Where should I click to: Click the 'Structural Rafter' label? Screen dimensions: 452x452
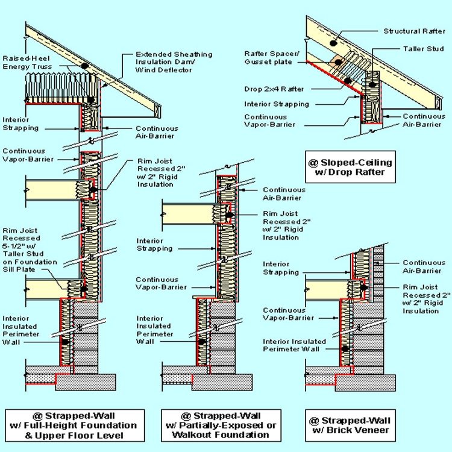(414, 31)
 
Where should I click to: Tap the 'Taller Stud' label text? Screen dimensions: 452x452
(423, 49)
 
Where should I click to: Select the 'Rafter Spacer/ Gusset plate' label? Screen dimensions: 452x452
(272, 58)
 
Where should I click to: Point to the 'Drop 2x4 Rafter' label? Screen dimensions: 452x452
(274, 89)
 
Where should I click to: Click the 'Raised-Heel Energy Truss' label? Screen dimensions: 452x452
(27, 63)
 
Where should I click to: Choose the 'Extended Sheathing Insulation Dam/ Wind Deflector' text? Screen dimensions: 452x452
(174, 62)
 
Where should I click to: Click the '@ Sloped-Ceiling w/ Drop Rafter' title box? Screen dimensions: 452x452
(350, 167)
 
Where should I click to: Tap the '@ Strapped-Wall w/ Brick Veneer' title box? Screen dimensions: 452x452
(350, 425)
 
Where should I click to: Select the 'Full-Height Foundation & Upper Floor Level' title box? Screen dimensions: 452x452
(75, 425)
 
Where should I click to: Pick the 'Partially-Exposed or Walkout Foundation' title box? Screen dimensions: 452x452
(221, 425)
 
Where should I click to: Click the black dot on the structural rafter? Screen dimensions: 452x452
(333, 43)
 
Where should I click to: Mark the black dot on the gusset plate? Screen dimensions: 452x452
(339, 62)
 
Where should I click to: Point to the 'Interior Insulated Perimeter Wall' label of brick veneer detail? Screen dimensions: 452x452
(294, 345)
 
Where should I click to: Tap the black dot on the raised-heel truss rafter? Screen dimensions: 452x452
(84, 66)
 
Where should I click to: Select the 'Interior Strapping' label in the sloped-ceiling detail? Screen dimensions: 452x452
(277, 104)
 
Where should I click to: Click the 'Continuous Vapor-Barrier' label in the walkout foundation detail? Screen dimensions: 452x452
(161, 283)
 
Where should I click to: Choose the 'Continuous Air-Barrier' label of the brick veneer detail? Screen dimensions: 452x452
(424, 266)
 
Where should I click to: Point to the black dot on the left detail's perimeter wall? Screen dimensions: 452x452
(66, 342)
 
